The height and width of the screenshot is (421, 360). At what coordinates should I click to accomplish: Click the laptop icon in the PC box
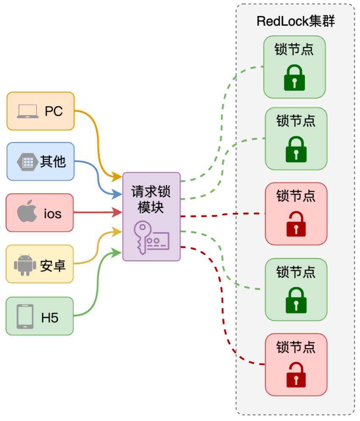coord(28,111)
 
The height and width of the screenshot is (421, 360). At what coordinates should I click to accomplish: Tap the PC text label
coord(54,111)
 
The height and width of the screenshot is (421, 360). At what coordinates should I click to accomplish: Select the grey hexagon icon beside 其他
coord(28,162)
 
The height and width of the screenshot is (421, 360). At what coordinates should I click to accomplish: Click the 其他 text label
coord(53,162)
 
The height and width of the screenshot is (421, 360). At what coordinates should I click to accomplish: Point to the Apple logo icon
coord(27,211)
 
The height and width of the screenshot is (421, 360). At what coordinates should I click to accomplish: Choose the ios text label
coord(53,214)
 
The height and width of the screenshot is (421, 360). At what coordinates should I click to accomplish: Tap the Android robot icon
coord(25,265)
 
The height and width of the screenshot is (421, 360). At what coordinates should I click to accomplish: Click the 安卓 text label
coord(53,266)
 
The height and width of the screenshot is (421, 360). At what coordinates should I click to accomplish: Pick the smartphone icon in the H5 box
coord(25,316)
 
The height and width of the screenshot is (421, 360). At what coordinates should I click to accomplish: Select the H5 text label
coord(50,318)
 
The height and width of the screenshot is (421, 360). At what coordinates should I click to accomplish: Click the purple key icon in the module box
coord(151,238)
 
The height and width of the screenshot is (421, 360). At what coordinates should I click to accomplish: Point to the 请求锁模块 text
coord(151,199)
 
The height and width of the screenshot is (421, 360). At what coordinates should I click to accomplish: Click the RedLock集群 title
coord(296,21)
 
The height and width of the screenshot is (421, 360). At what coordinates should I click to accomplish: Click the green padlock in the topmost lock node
coord(294,78)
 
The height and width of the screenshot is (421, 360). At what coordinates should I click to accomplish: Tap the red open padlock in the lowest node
coord(296,375)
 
